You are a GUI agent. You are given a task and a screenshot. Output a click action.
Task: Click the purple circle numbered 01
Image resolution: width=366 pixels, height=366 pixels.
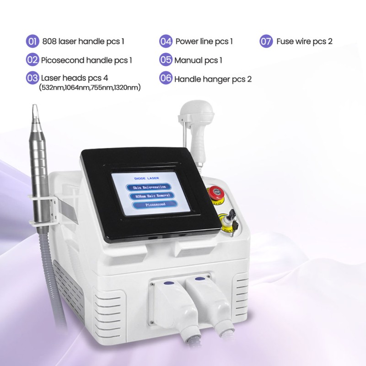(32, 42)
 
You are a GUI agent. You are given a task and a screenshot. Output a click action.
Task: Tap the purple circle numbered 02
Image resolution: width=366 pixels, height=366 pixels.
(32, 59)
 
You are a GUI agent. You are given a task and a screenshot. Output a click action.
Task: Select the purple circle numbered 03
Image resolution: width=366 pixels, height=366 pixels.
(32, 78)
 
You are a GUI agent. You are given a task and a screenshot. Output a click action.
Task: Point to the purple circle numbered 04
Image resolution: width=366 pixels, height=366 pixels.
(166, 42)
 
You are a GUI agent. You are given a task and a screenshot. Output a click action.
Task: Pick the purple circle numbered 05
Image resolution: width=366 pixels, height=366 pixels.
(166, 60)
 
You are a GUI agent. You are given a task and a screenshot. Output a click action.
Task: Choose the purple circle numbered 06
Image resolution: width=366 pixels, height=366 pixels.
(166, 78)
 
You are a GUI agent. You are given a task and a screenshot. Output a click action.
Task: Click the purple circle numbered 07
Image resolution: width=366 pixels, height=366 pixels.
(266, 42)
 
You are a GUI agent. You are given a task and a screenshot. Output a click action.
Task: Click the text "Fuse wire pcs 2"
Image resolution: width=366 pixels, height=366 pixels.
(304, 42)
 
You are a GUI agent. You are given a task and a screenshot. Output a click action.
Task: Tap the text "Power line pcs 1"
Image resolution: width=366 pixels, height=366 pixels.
(204, 42)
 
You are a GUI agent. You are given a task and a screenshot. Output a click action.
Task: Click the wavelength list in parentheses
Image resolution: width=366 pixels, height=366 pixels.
(90, 87)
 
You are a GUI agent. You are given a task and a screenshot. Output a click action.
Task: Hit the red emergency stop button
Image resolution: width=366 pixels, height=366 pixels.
(213, 192)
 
